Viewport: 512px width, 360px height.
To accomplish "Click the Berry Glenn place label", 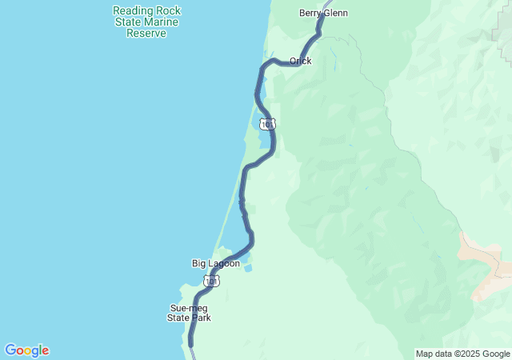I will [x=323, y=13].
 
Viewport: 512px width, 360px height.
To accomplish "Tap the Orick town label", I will [x=301, y=61].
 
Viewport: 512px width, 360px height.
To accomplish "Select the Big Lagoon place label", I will [x=215, y=263].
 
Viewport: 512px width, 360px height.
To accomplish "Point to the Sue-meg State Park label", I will [x=190, y=313].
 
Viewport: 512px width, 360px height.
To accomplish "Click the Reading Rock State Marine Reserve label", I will [x=146, y=22].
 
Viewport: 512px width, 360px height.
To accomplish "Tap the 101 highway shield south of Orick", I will [x=268, y=124].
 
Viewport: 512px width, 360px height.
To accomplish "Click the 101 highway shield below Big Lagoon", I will [x=210, y=281].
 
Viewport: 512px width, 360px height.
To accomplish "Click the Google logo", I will [x=26, y=350].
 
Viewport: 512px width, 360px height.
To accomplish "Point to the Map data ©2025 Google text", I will [x=462, y=354].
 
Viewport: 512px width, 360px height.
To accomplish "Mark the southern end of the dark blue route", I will [x=191, y=344].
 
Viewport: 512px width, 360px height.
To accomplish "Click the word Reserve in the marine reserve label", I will [x=146, y=34].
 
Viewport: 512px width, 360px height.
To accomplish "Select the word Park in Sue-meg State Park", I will [x=202, y=318].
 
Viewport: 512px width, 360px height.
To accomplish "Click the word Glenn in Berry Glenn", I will [x=335, y=13].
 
